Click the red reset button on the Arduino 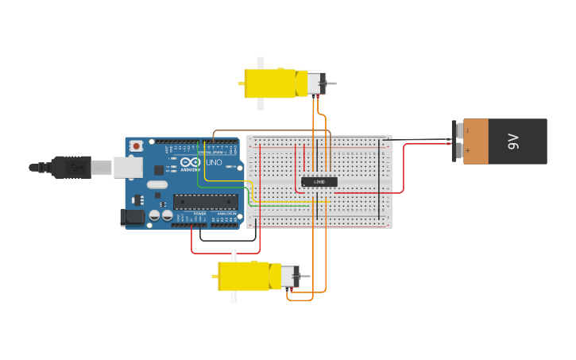(137, 145)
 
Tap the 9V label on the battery (513, 141)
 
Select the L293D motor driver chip (319, 182)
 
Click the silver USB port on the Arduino (127, 167)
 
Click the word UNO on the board (215, 162)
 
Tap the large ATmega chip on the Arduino (205, 202)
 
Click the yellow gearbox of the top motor (270, 83)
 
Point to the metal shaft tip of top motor (333, 83)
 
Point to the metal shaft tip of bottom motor (307, 277)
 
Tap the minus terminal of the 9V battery (458, 130)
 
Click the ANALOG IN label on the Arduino (227, 214)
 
